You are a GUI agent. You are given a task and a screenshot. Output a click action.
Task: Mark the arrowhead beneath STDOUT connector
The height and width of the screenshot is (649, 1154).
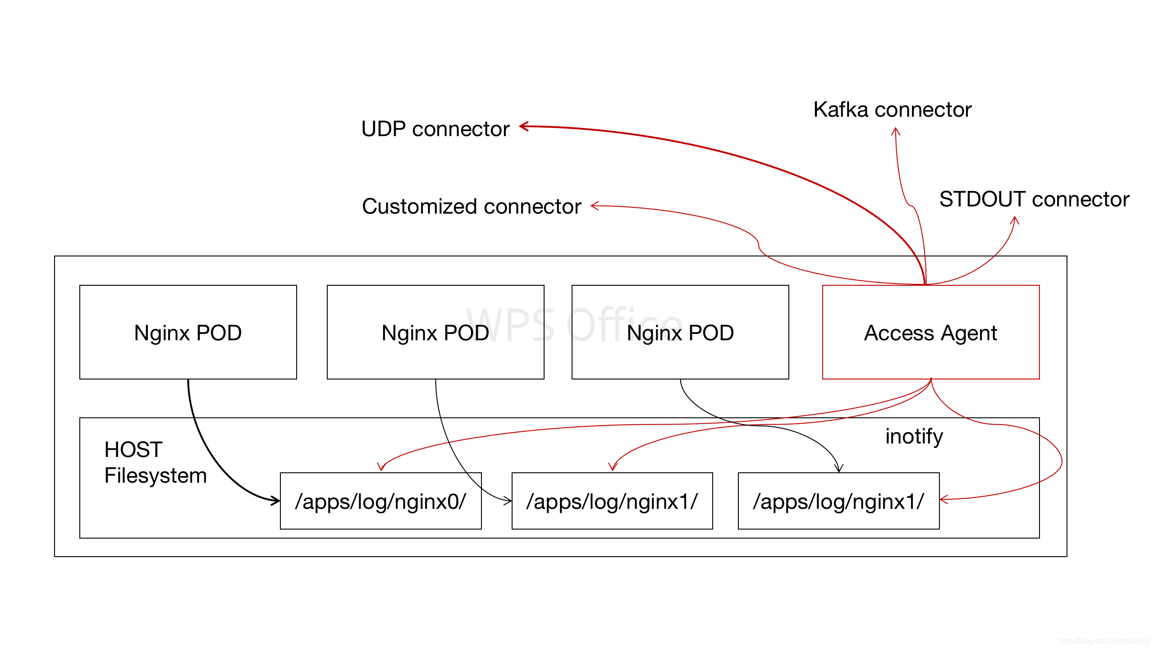point(1015,220)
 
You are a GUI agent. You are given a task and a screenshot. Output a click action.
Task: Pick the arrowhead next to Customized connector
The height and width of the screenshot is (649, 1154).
point(594,206)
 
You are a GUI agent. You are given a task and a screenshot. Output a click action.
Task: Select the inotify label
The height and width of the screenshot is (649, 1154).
point(914,436)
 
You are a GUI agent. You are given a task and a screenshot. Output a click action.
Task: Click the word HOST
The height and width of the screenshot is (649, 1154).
point(133,450)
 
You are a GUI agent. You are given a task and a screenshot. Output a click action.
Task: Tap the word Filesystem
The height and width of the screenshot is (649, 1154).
point(156,476)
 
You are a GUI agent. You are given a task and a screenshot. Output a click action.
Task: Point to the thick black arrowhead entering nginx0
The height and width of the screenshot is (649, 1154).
point(275,500)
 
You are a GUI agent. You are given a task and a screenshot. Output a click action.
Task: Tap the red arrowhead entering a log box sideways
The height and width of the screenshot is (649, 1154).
point(943,499)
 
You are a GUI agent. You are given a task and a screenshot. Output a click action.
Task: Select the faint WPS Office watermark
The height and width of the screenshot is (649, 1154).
point(575,324)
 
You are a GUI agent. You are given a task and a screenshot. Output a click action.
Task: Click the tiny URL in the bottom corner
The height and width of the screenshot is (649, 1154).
point(1104,640)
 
